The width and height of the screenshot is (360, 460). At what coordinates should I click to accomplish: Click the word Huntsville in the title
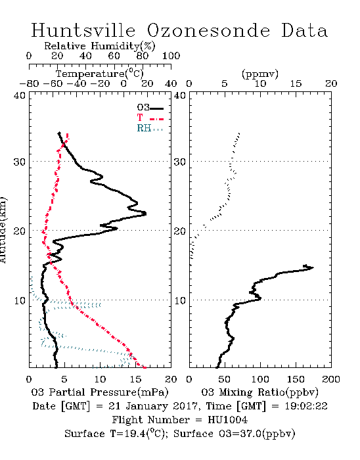(83, 30)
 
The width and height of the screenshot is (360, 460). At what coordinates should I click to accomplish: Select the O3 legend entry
(150, 108)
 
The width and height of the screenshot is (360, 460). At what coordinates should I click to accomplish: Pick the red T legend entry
(150, 118)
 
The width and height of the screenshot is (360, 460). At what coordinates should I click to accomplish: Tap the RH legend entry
(150, 128)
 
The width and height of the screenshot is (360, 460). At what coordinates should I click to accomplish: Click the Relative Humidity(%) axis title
(100, 46)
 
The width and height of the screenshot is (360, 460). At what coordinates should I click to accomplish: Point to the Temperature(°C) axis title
(100, 74)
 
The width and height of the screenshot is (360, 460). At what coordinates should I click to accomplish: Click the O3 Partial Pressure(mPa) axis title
(100, 392)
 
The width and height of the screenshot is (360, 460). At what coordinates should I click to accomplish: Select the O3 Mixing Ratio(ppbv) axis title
(259, 392)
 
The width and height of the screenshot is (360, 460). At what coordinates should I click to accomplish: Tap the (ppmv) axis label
(260, 74)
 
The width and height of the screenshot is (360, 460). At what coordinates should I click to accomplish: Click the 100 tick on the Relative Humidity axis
(171, 56)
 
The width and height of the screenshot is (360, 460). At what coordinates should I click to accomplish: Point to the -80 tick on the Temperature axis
(29, 84)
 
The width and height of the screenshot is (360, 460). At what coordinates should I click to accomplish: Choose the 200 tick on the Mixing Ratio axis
(331, 379)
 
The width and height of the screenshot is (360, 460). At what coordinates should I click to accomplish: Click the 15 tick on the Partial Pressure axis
(135, 379)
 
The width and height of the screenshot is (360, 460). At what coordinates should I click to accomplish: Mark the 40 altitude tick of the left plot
(20, 96)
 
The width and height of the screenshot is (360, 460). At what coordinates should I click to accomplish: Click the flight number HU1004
(227, 420)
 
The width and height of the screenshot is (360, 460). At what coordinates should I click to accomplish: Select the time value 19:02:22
(306, 406)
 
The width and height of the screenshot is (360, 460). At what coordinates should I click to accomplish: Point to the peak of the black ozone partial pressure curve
(146, 214)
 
